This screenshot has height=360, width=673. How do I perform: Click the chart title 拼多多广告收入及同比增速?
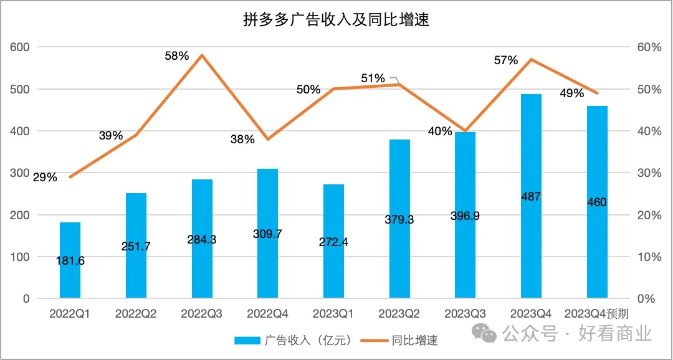(336, 20)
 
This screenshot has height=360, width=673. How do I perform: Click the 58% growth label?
(176, 56)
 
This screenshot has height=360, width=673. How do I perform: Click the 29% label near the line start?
(45, 178)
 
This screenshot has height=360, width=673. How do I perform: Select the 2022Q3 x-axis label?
(202, 314)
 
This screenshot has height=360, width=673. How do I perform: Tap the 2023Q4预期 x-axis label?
(596, 314)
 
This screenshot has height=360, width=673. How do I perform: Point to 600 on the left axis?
(21, 47)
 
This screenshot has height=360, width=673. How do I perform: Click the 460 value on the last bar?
(597, 202)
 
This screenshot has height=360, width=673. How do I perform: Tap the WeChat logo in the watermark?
(484, 333)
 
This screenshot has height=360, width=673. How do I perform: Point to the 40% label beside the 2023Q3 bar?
(440, 131)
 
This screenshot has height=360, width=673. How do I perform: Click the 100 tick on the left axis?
(21, 257)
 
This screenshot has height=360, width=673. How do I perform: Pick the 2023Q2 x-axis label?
(399, 314)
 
